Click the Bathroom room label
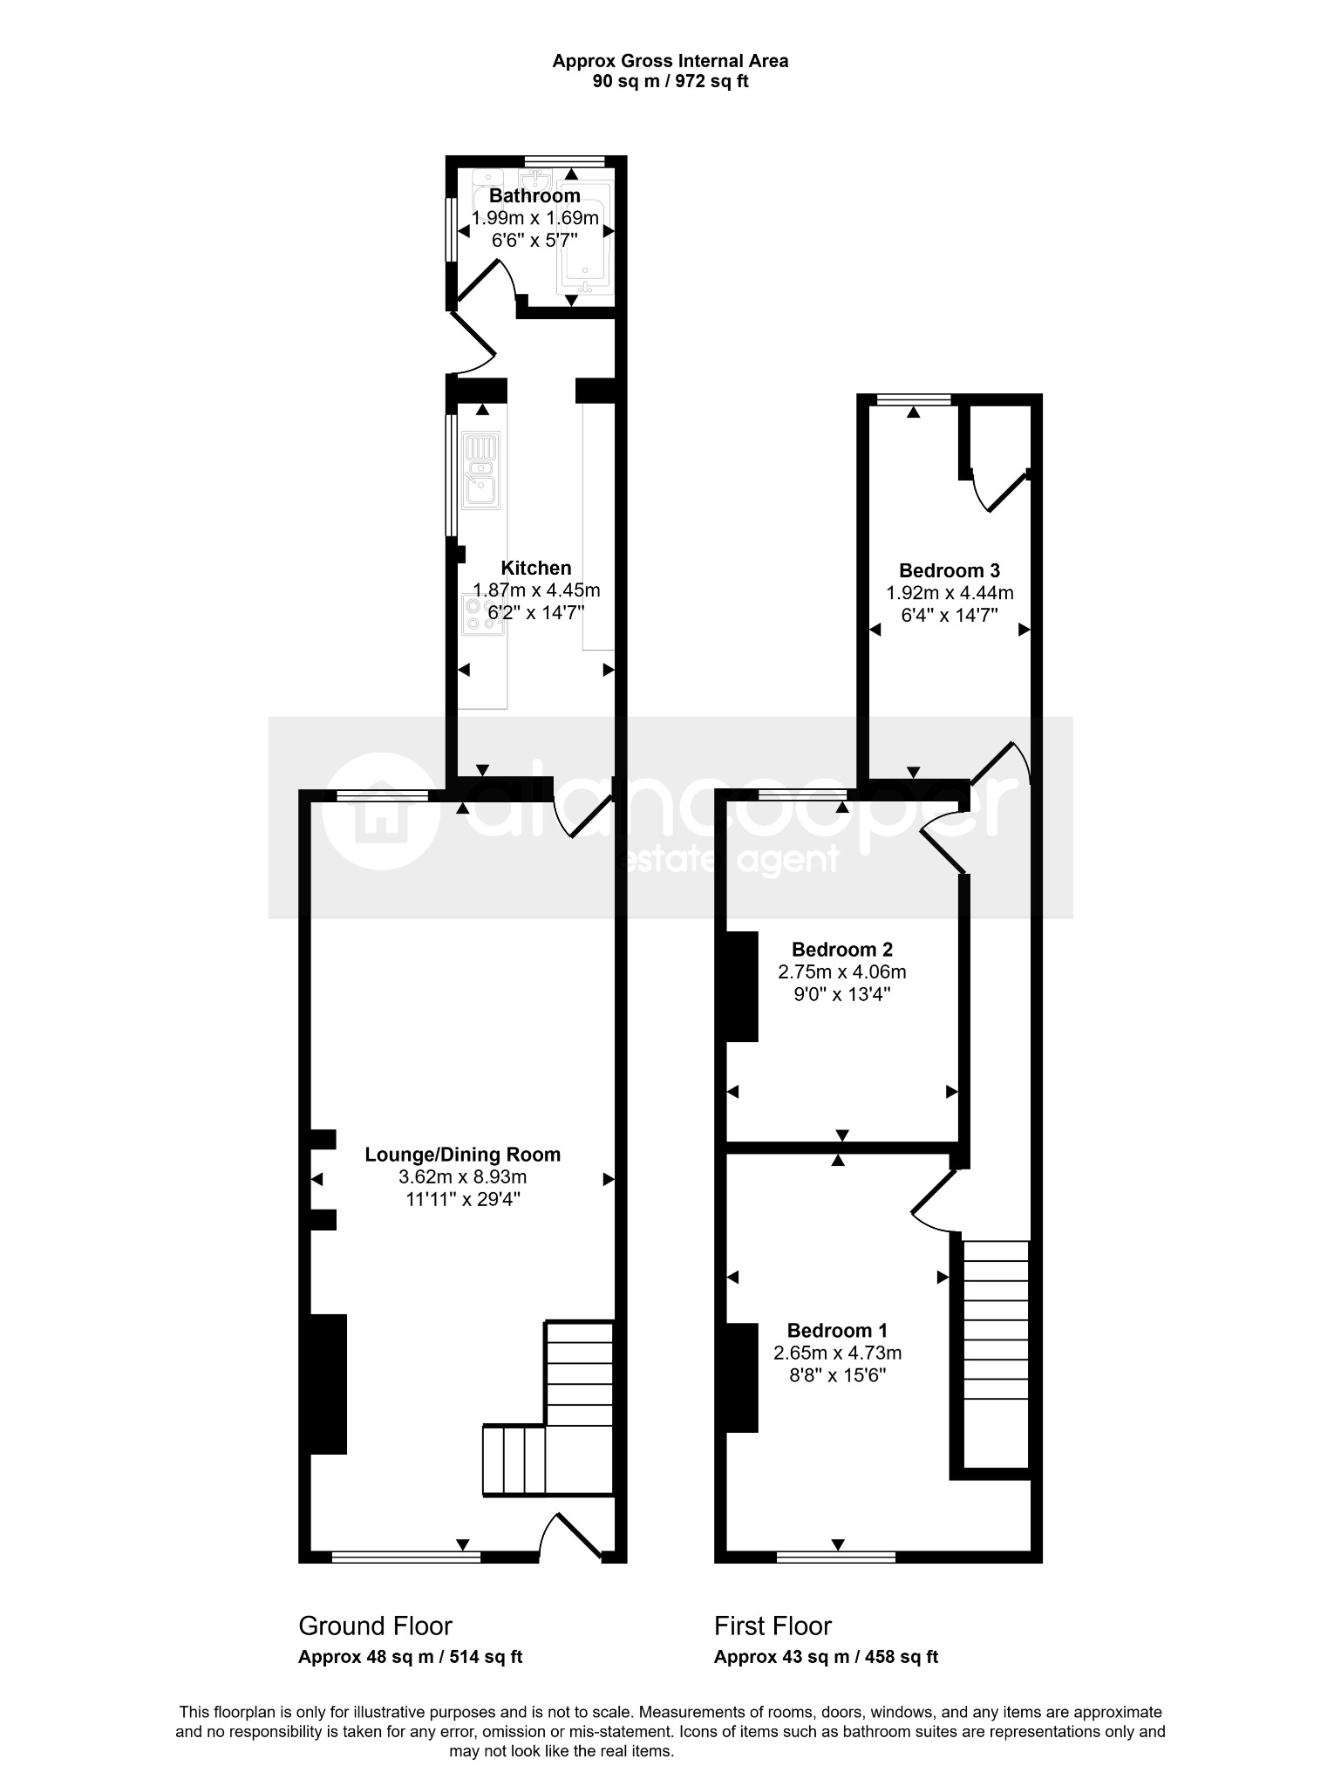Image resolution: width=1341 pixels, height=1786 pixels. click(534, 195)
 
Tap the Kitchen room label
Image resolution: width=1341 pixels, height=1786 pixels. click(536, 569)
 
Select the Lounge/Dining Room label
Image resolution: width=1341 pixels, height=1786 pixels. click(462, 1155)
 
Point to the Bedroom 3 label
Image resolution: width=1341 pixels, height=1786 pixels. click(950, 571)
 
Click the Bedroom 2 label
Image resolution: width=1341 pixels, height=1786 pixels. click(842, 950)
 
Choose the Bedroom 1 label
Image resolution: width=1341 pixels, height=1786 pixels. click(837, 1331)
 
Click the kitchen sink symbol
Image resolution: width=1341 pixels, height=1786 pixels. click(481, 471)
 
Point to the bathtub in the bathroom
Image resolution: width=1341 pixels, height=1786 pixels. click(586, 235)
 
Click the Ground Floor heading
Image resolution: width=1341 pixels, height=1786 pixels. click(375, 1626)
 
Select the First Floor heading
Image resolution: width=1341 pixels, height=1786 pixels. click(773, 1626)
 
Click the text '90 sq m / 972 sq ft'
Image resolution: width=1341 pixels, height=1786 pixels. click(670, 82)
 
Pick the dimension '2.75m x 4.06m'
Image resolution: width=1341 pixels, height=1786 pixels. click(842, 971)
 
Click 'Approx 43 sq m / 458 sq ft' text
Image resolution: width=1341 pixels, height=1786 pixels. click(827, 1657)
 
